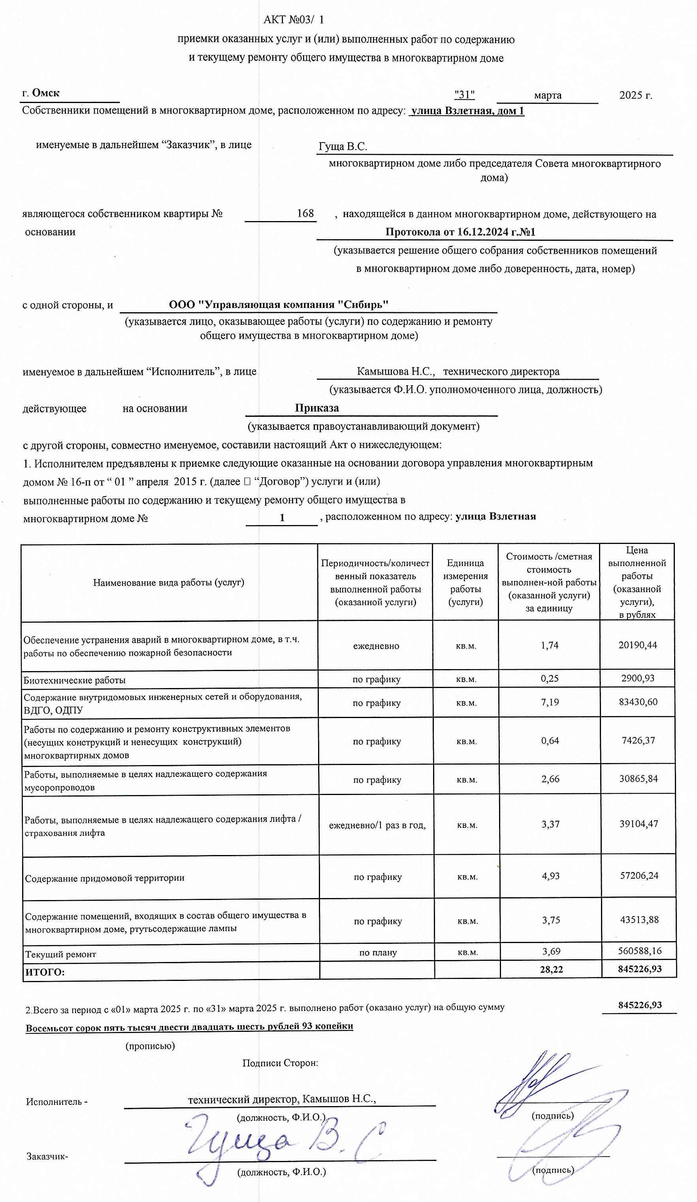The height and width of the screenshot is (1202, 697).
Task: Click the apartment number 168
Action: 305,213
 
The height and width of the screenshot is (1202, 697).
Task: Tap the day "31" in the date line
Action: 464,94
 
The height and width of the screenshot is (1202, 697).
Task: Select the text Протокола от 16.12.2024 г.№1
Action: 460,232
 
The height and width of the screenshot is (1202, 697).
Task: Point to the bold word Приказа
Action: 316,408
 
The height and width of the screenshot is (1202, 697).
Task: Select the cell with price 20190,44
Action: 637,645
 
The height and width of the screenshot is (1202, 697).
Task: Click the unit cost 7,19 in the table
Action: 550,702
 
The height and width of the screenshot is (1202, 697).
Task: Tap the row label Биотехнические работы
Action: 74,680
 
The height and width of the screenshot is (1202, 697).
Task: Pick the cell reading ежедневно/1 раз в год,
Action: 377,825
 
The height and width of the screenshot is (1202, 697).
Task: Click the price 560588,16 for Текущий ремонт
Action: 639,951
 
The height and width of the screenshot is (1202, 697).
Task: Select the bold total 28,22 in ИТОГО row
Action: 551,969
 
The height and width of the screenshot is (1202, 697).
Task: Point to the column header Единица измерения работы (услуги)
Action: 465,582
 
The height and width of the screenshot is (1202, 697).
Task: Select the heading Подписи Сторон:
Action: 280,1063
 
